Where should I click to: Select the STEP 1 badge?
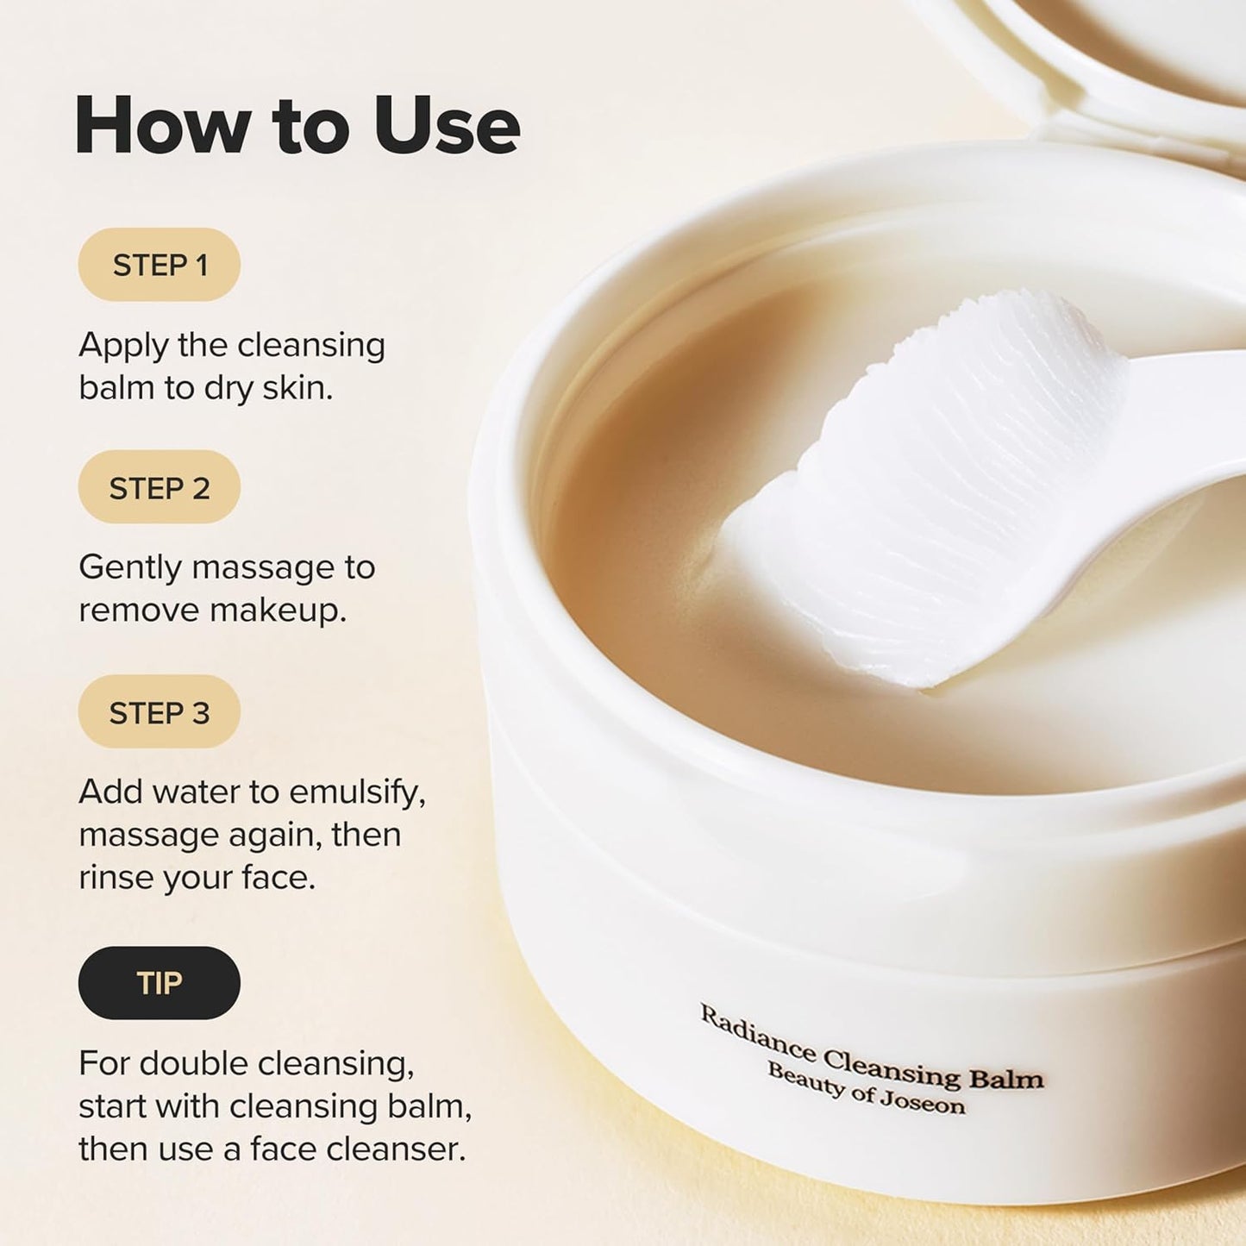(x=160, y=265)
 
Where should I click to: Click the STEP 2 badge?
(x=160, y=488)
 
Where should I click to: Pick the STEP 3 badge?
(x=160, y=713)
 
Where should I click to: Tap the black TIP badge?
(x=160, y=983)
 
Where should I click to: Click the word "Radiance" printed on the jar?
(x=756, y=1033)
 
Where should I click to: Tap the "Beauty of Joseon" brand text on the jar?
(x=866, y=1089)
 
